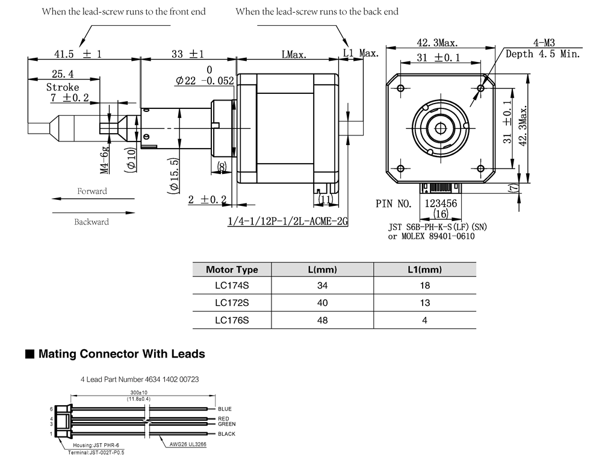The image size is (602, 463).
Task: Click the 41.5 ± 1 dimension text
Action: point(78,54)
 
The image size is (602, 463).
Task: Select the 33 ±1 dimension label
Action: point(187,54)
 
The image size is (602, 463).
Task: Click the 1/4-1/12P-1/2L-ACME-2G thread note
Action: point(288,222)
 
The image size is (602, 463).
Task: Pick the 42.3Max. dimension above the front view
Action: point(437,43)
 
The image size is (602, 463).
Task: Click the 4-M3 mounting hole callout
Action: point(544,43)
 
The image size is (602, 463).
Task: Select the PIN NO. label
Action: point(394,204)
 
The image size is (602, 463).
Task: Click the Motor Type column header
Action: point(232,270)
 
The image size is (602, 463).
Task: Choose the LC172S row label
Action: point(232,303)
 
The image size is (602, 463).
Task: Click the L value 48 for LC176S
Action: point(323,320)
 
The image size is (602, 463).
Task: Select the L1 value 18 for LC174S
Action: point(424,287)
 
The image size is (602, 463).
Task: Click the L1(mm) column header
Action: point(424,270)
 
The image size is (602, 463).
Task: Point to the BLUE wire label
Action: point(225,409)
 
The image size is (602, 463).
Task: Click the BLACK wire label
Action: point(226,434)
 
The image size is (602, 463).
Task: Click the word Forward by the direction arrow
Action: point(92,191)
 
